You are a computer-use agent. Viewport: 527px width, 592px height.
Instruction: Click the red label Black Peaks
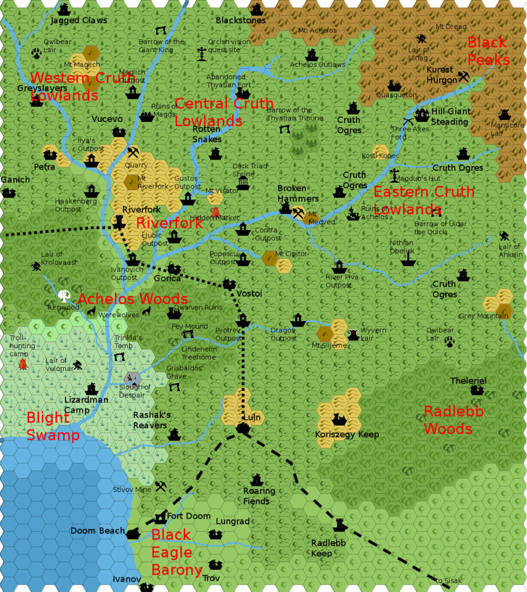(x=488, y=51)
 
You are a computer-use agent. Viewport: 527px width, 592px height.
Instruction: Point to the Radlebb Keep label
(x=328, y=548)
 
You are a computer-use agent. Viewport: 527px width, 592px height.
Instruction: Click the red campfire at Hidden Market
(x=216, y=212)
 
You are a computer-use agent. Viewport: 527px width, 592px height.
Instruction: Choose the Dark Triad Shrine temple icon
(x=243, y=183)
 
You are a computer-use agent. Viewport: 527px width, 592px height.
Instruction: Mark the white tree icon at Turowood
(x=64, y=296)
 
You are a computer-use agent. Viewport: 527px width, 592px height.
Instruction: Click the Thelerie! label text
(x=468, y=381)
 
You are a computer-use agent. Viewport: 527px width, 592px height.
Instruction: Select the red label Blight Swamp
(x=53, y=425)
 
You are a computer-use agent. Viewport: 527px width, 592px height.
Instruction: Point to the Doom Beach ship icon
(x=133, y=532)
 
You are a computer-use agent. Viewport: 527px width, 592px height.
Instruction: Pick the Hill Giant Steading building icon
(x=422, y=114)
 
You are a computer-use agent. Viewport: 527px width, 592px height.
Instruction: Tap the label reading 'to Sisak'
(x=447, y=580)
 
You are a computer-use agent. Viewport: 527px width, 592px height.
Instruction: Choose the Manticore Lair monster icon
(x=504, y=114)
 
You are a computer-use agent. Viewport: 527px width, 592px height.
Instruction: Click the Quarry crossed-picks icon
(x=133, y=153)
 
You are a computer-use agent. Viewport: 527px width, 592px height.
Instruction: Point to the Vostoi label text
(x=249, y=294)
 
